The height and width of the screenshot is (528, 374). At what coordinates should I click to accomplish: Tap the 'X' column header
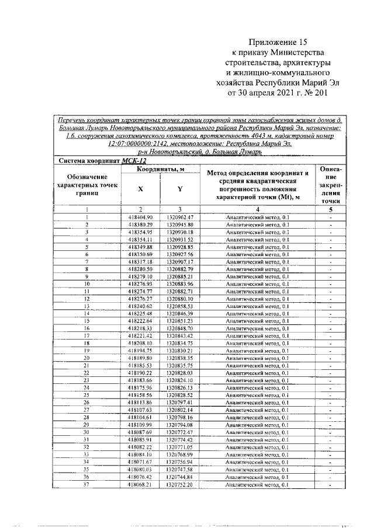click(140, 188)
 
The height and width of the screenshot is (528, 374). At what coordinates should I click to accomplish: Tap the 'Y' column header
click(179, 188)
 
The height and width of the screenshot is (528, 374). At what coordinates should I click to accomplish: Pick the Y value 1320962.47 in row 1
click(179, 217)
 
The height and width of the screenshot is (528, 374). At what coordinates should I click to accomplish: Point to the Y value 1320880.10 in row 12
click(179, 299)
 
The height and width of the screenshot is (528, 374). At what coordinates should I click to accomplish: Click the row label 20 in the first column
click(86, 358)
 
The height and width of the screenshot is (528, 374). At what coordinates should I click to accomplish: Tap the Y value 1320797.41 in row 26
click(179, 402)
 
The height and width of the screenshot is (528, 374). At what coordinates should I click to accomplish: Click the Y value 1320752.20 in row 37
click(179, 484)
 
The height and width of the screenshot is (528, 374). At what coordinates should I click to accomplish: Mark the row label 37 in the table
click(86, 484)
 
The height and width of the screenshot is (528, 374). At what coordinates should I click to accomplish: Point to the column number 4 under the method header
click(257, 209)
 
